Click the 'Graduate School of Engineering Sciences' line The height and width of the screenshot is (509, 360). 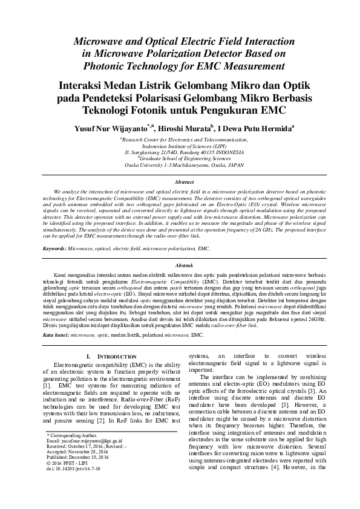click(x=183, y=158)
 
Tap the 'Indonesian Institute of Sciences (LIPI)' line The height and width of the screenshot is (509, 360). click(x=183, y=146)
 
